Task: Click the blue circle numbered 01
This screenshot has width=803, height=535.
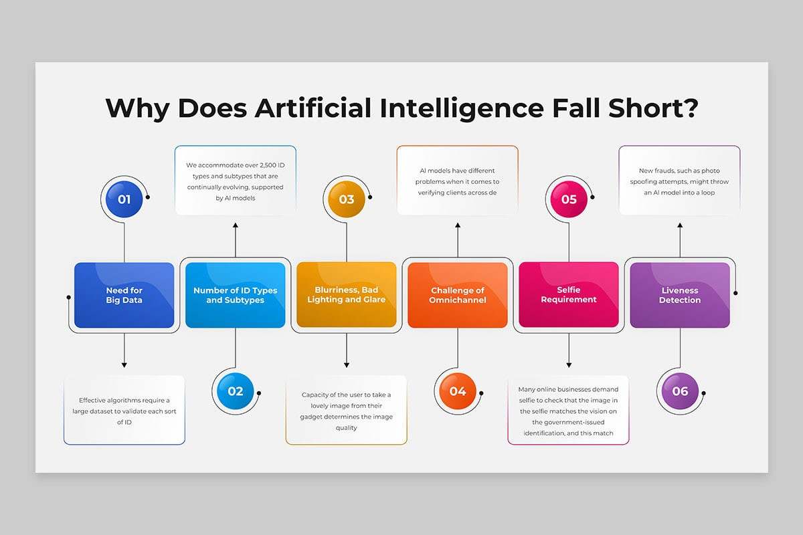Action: point(124,199)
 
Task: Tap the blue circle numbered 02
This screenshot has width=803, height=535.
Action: point(235,391)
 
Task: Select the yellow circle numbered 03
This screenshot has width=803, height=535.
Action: point(347,199)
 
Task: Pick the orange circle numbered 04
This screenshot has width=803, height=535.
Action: point(458,391)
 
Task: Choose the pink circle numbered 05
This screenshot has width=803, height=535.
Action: point(569,199)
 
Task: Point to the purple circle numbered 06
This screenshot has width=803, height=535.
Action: point(680,391)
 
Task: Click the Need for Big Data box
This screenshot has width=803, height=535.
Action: point(124,295)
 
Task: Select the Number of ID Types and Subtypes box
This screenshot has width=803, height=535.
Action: point(235,295)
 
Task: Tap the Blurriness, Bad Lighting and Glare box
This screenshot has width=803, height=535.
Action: point(347,294)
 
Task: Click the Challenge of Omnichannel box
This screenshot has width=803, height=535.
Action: point(458,295)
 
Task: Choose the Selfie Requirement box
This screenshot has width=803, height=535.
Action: point(569,294)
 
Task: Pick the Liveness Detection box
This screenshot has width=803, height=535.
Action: point(680,295)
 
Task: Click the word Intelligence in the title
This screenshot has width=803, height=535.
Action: point(462,109)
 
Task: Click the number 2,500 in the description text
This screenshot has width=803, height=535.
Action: point(268,166)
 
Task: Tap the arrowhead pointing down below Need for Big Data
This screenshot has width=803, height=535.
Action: point(124,364)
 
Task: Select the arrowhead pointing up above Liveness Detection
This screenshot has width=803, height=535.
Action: point(680,225)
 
